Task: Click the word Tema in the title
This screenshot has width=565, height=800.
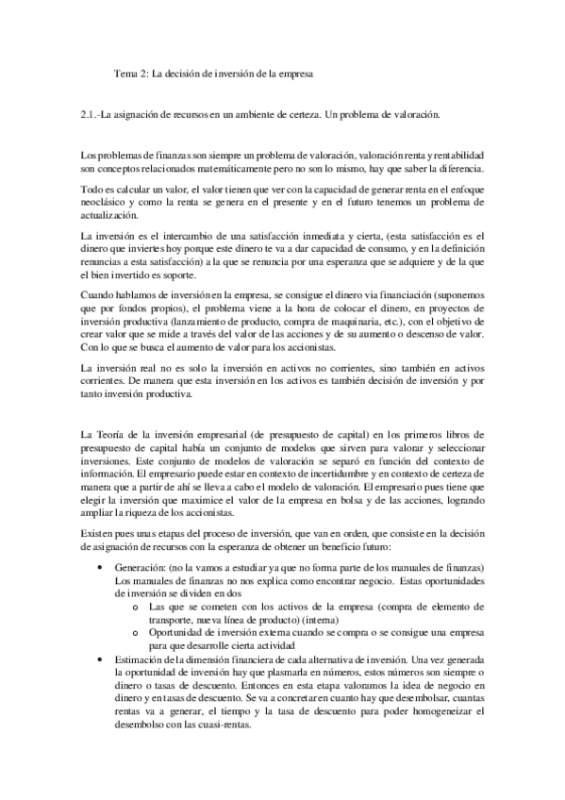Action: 125,72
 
